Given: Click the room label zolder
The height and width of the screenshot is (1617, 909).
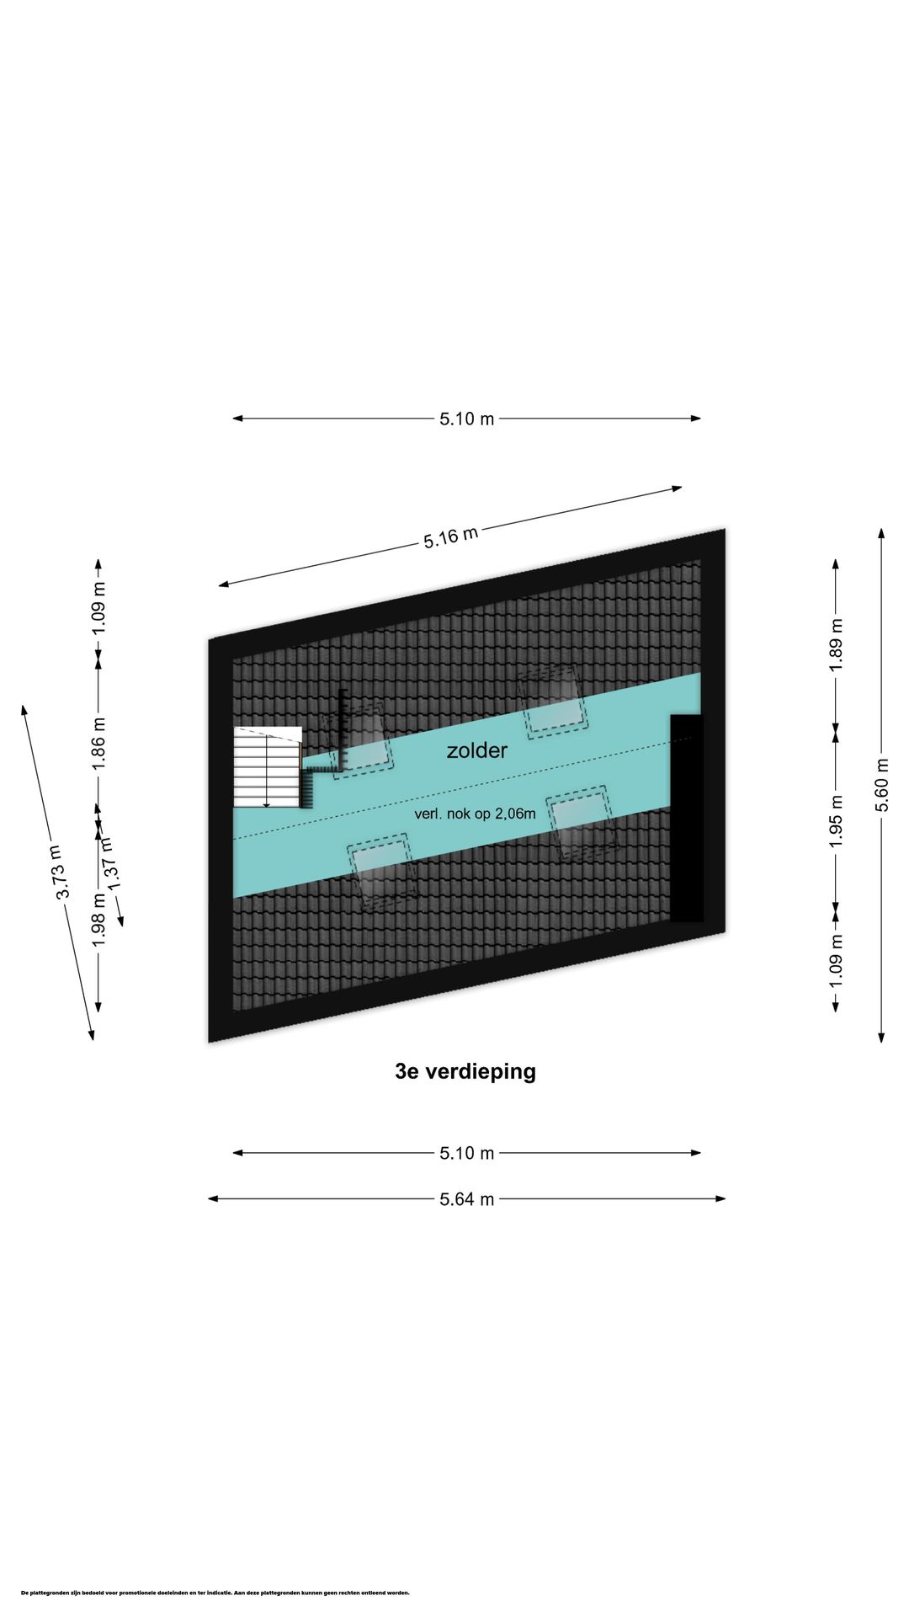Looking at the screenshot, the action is click(476, 750).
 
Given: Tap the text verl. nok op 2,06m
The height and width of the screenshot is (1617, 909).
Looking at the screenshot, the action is click(475, 814).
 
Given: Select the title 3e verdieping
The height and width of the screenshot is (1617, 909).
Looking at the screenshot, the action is click(465, 1071).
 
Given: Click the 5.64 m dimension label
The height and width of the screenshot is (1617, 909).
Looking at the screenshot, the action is click(467, 1199).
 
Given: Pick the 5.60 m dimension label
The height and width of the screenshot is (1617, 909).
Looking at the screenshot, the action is click(881, 785).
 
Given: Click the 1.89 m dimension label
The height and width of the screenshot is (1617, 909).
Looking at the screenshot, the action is click(836, 645).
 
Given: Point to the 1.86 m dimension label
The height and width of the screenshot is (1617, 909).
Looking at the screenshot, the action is click(98, 743).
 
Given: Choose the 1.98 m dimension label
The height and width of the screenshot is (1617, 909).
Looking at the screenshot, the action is click(98, 918).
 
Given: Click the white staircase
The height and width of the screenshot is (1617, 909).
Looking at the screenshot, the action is click(268, 767).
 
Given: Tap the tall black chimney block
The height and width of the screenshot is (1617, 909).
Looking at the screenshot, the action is click(687, 818).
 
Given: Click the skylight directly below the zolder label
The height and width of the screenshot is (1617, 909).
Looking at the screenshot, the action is click(582, 825).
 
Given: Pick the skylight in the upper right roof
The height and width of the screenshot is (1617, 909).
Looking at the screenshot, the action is click(552, 702).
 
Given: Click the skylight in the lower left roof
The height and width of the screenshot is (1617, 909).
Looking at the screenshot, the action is click(383, 872).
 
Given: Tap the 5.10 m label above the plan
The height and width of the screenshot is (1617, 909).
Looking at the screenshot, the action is click(467, 419).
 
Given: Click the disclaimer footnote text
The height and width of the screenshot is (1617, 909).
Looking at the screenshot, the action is click(215, 1593).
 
